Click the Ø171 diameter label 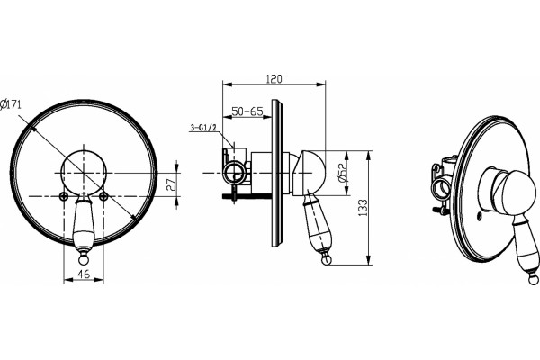[11, 103]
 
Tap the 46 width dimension [84, 274]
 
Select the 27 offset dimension [171, 184]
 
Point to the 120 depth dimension [274, 79]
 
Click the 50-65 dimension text [247, 112]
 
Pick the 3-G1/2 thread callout [202, 128]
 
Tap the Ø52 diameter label [342, 172]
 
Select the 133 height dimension [363, 208]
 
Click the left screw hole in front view [64, 196]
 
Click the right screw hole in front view [103, 196]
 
